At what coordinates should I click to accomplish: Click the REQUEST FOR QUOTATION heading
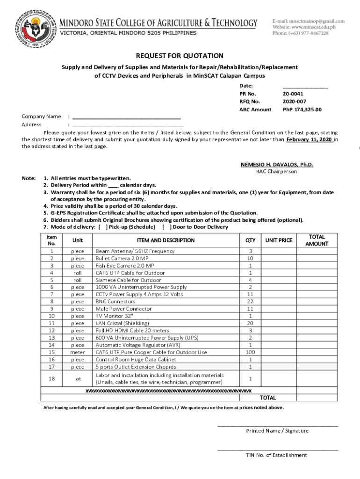coord(180,56)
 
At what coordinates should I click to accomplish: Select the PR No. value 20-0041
coord(293,94)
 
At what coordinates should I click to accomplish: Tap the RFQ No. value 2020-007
coord(295,102)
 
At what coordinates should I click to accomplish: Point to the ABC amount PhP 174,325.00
coord(302,109)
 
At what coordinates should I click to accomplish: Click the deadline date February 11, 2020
coord(309,139)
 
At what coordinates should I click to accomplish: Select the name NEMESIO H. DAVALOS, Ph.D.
coord(277,165)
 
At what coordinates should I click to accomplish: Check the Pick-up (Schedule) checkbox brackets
coord(103,227)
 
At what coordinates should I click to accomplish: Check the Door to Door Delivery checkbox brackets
coord(166,227)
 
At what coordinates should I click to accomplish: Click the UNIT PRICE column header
coord(279,240)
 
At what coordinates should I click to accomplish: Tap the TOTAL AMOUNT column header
coord(317,240)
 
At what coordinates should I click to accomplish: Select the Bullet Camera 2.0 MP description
coord(122,258)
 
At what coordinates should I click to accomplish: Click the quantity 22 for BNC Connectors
coord(251,302)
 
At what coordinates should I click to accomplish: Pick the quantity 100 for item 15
coord(251,352)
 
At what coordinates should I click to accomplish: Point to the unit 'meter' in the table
coord(78,352)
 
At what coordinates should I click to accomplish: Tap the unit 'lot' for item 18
coord(78,378)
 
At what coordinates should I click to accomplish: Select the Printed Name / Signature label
coord(277,431)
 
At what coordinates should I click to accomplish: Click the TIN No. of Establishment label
coord(277,455)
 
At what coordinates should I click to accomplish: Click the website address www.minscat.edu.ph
coord(310,27)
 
